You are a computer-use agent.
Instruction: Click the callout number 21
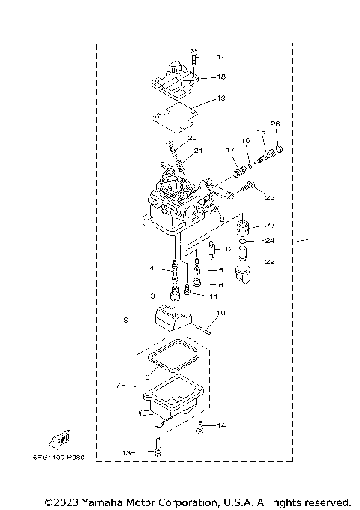[199, 151]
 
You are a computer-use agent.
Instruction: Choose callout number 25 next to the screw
[270, 198]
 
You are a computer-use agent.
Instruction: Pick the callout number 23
[271, 225]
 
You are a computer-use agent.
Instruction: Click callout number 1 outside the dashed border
[313, 239]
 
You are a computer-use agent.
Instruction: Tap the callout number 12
[230, 247]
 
